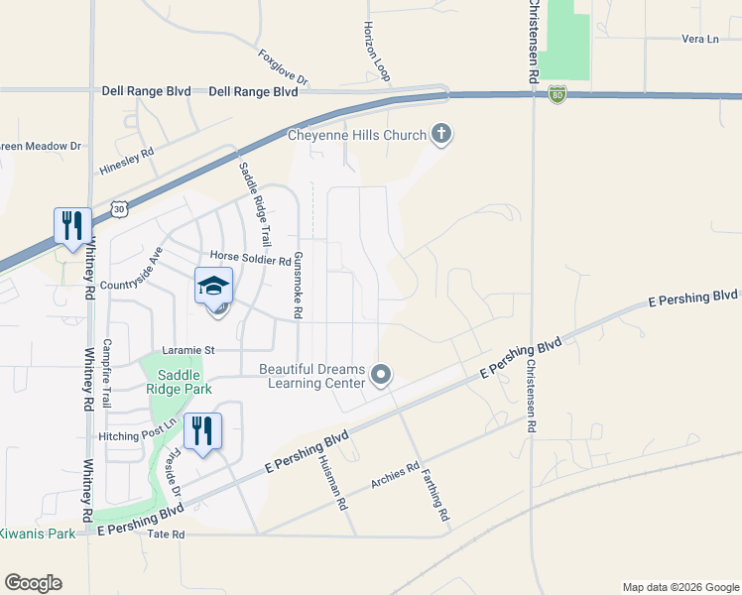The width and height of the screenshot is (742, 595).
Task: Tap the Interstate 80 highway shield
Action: tap(556, 94)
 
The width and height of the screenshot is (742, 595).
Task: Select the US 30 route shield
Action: tap(119, 209)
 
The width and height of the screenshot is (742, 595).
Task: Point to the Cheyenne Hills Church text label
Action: tap(357, 135)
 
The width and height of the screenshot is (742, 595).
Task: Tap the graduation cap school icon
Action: tap(213, 287)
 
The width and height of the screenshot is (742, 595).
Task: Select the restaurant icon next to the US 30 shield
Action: tap(71, 226)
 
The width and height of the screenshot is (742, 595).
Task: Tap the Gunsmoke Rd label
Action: tap(297, 284)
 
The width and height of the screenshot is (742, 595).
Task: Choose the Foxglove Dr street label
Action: tap(284, 67)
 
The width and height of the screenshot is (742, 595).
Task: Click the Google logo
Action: tap(33, 583)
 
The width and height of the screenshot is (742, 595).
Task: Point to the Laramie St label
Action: tap(189, 350)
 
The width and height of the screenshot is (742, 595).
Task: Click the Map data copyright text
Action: tap(680, 587)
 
